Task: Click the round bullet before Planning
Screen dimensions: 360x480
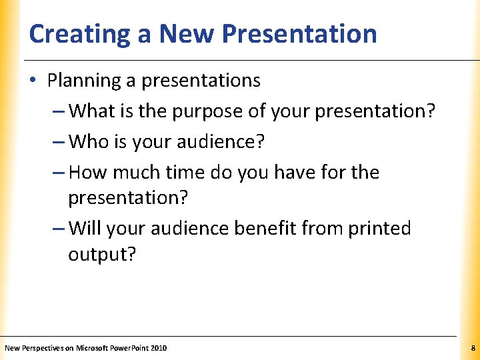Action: point(33,81)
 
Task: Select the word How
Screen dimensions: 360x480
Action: point(87,172)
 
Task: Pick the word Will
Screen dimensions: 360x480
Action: point(84,228)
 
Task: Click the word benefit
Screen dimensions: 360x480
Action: point(265,228)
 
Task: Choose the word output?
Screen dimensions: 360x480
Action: point(101,255)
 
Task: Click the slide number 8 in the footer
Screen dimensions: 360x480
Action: point(473,348)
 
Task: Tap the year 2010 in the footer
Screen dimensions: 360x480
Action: point(159,348)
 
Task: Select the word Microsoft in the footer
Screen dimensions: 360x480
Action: point(93,348)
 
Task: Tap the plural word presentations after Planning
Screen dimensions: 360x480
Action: point(201,81)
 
